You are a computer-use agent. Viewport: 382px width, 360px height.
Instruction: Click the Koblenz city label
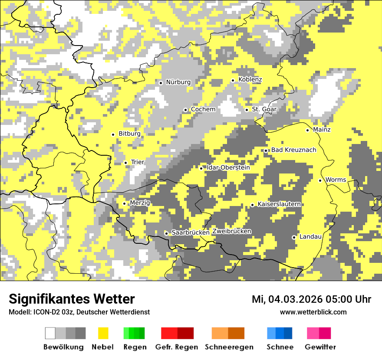tap(250, 79)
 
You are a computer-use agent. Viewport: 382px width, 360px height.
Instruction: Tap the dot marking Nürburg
tap(161, 82)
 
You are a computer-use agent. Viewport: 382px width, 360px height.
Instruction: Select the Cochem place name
tap(203, 109)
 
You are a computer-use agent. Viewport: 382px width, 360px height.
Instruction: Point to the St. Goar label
tap(264, 109)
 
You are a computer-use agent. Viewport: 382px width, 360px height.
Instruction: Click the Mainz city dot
tap(308, 130)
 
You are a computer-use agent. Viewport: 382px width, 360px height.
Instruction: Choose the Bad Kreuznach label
tap(294, 150)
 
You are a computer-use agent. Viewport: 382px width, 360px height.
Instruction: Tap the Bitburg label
tap(129, 134)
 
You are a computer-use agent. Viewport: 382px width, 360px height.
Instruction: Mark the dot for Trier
tap(126, 163)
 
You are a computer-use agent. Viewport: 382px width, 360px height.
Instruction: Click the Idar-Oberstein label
tap(228, 168)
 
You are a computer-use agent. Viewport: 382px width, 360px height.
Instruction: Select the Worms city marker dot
tap(320, 180)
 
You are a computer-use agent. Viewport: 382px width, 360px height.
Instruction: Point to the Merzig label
tap(140, 203)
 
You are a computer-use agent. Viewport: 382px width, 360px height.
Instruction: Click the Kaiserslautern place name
tap(279, 204)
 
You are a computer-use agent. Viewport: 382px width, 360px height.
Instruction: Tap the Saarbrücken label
tap(191, 233)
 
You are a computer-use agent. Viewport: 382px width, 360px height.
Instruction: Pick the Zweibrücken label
tap(231, 231)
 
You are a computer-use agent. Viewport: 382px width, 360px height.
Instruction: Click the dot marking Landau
tap(294, 237)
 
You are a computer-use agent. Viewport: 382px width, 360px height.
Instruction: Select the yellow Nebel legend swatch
tap(103, 333)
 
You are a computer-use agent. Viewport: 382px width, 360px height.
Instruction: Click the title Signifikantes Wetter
tap(72, 299)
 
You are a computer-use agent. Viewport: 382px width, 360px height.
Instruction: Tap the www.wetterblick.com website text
tap(313, 312)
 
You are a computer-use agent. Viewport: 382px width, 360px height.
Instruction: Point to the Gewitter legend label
tap(320, 347)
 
